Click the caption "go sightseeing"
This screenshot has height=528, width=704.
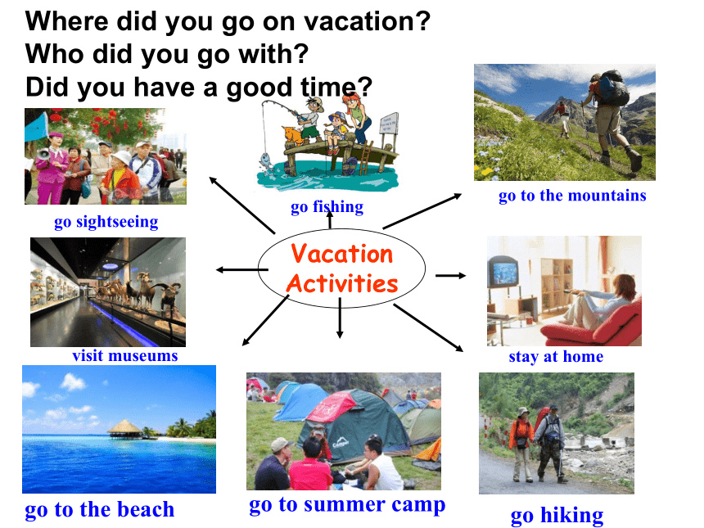tap(106, 222)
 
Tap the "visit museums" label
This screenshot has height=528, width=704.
tap(125, 355)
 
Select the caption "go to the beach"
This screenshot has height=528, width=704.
tap(100, 510)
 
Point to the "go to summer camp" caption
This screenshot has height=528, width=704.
tap(347, 505)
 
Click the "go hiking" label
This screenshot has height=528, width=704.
tap(557, 516)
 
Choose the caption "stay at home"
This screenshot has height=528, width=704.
tap(556, 356)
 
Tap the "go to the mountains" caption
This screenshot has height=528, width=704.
tap(572, 196)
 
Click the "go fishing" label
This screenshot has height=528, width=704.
tap(327, 207)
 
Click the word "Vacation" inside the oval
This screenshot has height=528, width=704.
tap(341, 254)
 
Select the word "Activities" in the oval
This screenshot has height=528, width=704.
tap(342, 283)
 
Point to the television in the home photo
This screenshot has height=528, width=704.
tap(503, 272)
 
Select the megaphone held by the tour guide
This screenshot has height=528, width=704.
tap(43, 155)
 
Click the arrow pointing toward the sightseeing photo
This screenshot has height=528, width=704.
tap(242, 205)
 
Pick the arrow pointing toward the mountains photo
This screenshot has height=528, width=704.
tap(422, 211)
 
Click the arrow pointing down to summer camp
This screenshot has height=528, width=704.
tap(340, 318)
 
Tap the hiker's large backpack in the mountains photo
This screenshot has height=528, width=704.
tap(614, 88)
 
